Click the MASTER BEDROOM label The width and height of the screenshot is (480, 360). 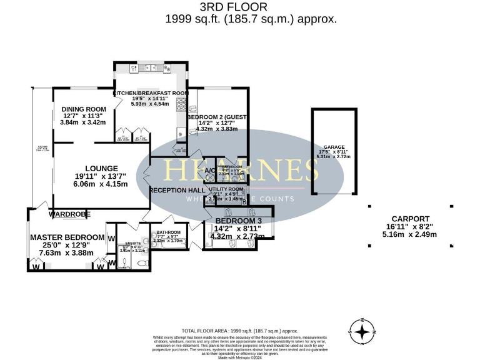pyautogui.click(x=67, y=237)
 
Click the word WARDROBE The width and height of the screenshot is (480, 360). pyautogui.click(x=70, y=214)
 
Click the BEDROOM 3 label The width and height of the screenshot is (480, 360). pyautogui.click(x=237, y=221)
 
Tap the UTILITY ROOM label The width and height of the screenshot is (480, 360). pyautogui.click(x=226, y=188)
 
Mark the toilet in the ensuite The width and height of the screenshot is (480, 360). pyautogui.click(x=142, y=263)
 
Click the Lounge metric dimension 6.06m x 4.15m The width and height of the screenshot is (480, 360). pyautogui.click(x=100, y=184)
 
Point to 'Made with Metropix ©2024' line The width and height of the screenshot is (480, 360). pyautogui.click(x=239, y=356)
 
